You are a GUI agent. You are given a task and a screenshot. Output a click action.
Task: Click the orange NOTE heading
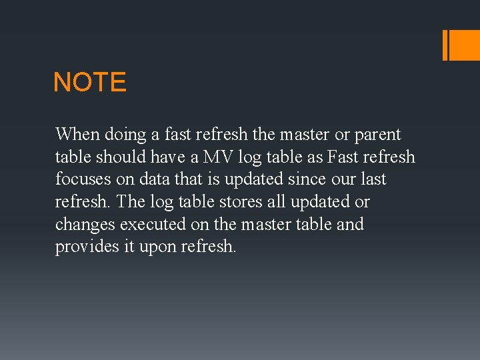[x=89, y=83]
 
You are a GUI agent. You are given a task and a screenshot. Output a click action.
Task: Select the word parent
[x=377, y=135]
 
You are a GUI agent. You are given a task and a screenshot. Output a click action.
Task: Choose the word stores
[x=239, y=202]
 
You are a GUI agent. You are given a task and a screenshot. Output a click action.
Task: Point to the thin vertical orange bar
[x=445, y=45]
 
